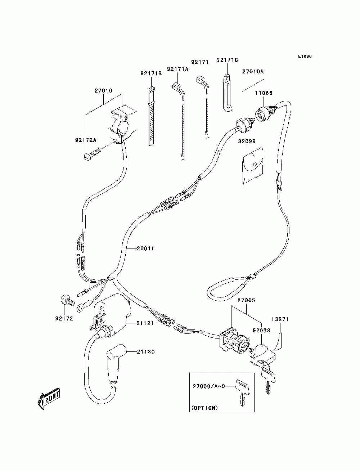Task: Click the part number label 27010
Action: pos(103,90)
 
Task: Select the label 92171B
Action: pos(151,73)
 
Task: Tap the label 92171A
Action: pos(177,69)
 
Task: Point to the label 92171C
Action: pos(227,60)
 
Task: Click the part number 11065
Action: pos(264,93)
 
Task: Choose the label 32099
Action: pos(247,141)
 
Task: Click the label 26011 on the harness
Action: pos(145,248)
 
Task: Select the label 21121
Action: pos(145,323)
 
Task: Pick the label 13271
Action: pos(280,319)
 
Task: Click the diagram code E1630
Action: pos(305,57)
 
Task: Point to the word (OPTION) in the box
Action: pos(204,408)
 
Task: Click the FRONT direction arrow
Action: pos(48,399)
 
